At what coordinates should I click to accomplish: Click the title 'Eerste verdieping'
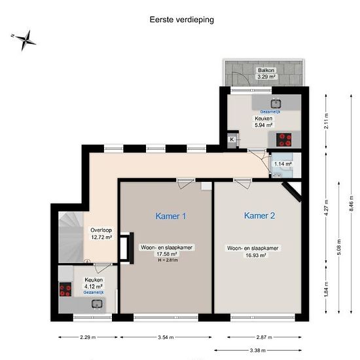[181, 20]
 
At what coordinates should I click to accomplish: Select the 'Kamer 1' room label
[171, 216]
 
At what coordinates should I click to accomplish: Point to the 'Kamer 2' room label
[259, 215]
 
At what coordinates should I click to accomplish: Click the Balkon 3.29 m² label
[266, 73]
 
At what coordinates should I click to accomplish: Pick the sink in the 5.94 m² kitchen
[276, 103]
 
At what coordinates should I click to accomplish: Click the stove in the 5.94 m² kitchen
[284, 139]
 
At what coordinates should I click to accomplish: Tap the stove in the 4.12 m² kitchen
[65, 289]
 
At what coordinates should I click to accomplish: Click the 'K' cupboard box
[232, 139]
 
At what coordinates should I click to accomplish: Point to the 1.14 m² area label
[283, 164]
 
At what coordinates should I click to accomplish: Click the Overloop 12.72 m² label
[101, 234]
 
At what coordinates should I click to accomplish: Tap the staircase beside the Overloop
[71, 237]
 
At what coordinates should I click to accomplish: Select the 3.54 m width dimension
[166, 337]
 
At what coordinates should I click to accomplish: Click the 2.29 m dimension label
[88, 337]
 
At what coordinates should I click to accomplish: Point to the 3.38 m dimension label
[258, 350]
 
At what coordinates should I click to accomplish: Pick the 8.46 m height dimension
[351, 204]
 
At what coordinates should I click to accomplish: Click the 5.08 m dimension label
[339, 247]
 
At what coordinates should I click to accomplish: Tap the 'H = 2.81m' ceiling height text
[168, 260]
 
